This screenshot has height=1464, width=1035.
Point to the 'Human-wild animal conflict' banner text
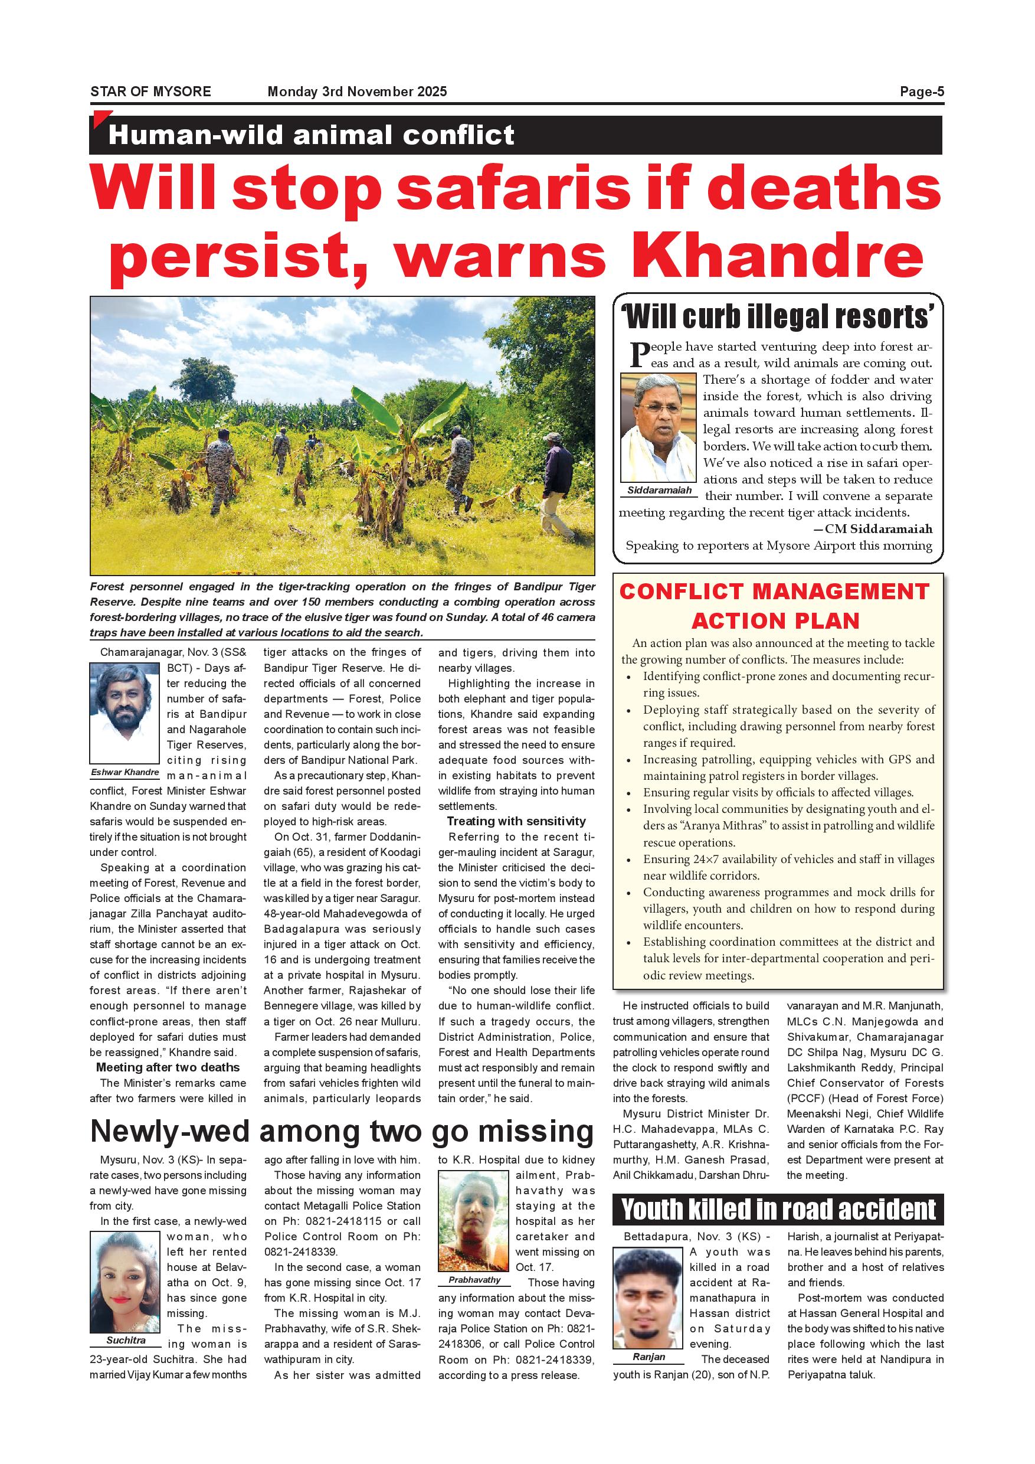(x=311, y=135)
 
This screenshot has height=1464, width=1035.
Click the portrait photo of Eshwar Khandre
(x=125, y=713)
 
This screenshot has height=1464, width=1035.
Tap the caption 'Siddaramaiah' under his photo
(x=659, y=491)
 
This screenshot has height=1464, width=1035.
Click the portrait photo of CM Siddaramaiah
(x=659, y=427)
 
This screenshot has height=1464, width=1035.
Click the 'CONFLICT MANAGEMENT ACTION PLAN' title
(x=775, y=606)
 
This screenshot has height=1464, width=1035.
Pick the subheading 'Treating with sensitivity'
(x=516, y=821)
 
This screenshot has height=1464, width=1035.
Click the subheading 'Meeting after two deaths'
(x=168, y=1067)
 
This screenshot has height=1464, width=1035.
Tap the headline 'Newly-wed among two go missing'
(x=342, y=1131)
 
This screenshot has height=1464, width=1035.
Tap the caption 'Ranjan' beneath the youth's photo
(x=648, y=1357)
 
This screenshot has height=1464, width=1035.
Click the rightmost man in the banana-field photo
(x=558, y=482)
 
